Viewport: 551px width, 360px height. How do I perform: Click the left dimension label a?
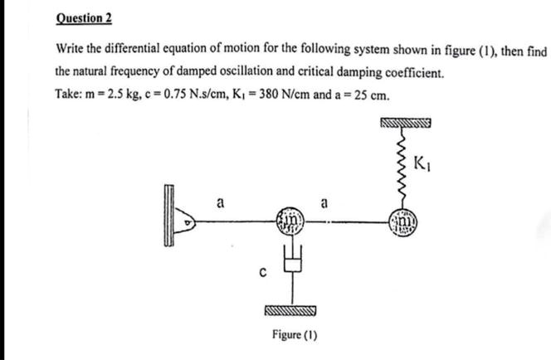tap(220, 201)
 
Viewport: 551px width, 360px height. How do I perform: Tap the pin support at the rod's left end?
tap(188, 222)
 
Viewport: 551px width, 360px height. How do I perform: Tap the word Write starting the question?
tap(72, 51)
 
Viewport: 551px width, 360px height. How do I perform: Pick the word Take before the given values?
tap(71, 94)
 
